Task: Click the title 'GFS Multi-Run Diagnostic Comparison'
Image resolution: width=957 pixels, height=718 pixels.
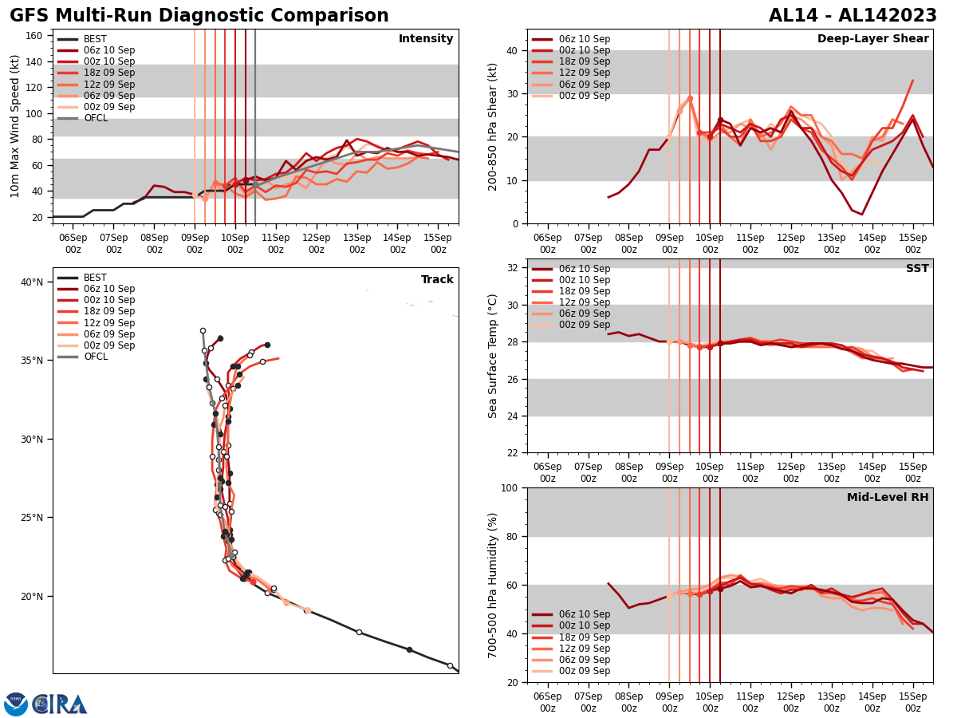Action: coord(199,16)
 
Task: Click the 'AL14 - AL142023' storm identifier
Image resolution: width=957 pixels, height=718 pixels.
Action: coord(853,16)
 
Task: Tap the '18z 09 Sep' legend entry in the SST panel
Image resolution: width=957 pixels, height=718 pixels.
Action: coord(581,291)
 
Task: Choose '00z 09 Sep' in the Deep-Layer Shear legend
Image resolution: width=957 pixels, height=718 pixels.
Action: coord(581,96)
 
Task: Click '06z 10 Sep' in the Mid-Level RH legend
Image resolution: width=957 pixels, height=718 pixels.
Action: coord(581,614)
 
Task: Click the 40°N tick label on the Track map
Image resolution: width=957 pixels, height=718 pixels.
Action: coord(32,282)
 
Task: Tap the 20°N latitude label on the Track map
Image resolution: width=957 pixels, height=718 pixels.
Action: coord(32,597)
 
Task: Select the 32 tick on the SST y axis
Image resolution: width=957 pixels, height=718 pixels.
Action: coord(514,268)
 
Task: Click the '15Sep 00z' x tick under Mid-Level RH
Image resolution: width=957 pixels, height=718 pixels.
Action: coord(912,702)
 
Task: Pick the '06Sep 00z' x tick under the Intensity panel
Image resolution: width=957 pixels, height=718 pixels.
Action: coord(73,243)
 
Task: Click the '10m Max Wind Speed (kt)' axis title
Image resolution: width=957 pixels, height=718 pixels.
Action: coord(15,126)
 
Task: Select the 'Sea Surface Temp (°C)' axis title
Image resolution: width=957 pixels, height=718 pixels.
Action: coord(493,356)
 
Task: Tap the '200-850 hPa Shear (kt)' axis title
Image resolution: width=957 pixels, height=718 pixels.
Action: coord(493,126)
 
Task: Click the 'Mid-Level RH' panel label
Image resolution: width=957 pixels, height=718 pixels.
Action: coord(888,498)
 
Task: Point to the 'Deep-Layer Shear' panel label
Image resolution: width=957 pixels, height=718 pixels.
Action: coord(872,39)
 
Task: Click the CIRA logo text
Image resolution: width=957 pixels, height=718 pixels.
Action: coord(60,704)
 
